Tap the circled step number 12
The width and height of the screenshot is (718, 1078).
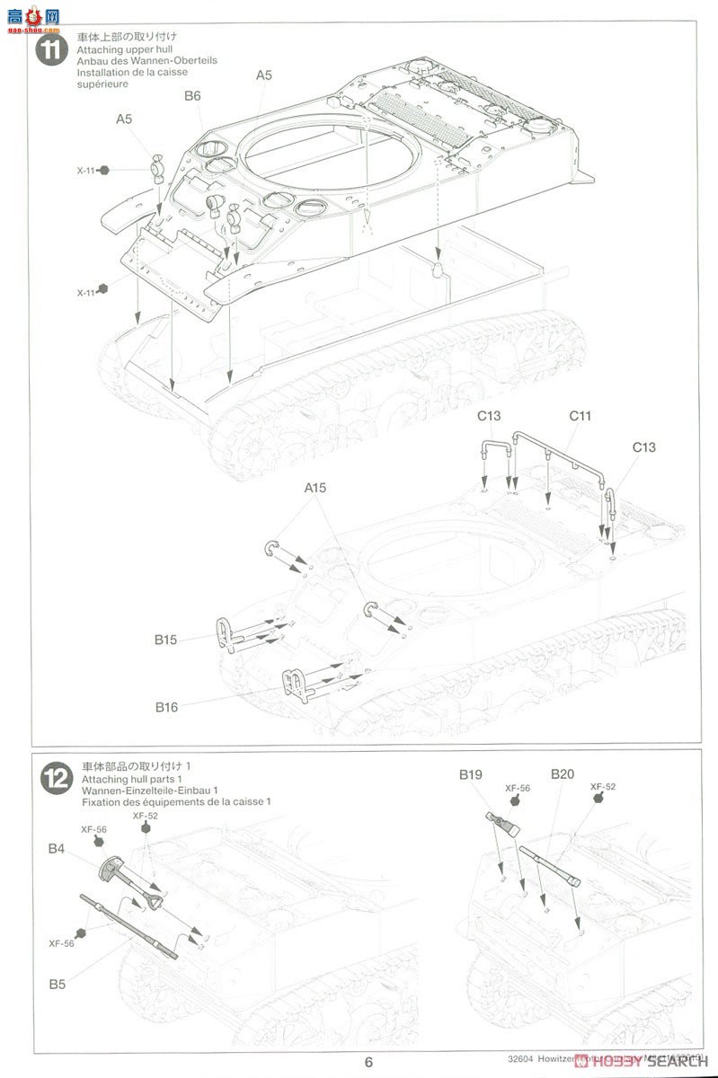pos(56,778)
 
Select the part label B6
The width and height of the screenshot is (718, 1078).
pos(192,96)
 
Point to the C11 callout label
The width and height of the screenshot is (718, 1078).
pos(580,416)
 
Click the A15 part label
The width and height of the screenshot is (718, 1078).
pos(315,488)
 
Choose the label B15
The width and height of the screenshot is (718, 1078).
pos(165,640)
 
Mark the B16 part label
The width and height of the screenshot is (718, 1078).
pos(165,707)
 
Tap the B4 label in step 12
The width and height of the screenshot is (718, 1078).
pos(57,847)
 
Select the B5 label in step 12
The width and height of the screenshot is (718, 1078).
pos(57,984)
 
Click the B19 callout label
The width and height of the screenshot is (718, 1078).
pos(471,773)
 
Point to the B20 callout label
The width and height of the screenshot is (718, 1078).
pos(562,773)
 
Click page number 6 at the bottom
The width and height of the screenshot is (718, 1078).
pos(368,1062)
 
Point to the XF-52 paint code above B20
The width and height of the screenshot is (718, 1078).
pos(602,787)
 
